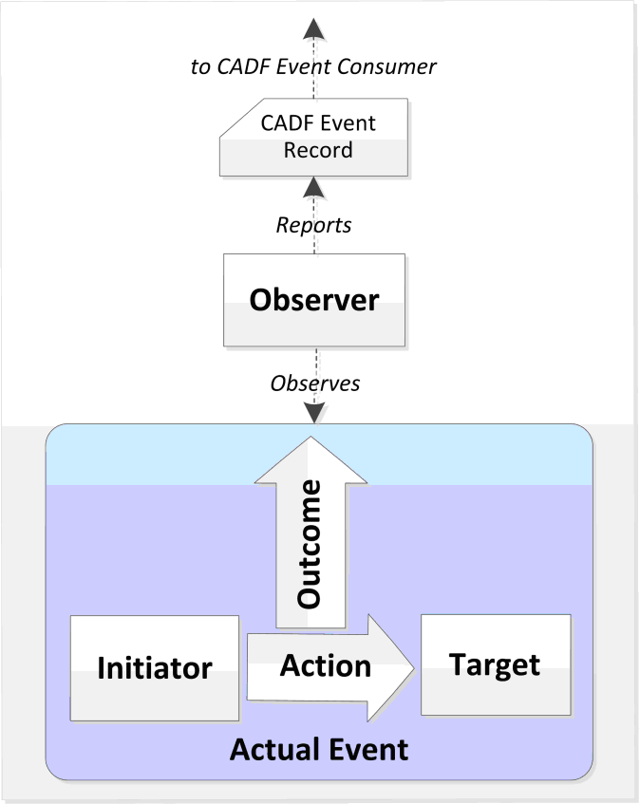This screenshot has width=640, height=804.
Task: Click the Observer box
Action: (x=314, y=300)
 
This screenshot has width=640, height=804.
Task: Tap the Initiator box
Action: (x=154, y=667)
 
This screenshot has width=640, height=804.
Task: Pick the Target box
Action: (x=496, y=664)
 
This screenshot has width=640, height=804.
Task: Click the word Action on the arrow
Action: (x=326, y=665)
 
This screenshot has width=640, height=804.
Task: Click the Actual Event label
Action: (x=319, y=750)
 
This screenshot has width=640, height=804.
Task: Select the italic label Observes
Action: (x=315, y=383)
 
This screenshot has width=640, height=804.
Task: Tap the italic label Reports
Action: (x=314, y=225)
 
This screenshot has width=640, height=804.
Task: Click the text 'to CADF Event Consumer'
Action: (x=312, y=66)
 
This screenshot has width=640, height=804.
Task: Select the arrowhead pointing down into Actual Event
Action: (x=314, y=413)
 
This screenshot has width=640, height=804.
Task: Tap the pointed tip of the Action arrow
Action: (x=413, y=668)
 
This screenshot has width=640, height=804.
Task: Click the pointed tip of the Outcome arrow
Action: (x=310, y=439)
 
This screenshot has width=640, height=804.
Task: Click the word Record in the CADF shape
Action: (x=318, y=150)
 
